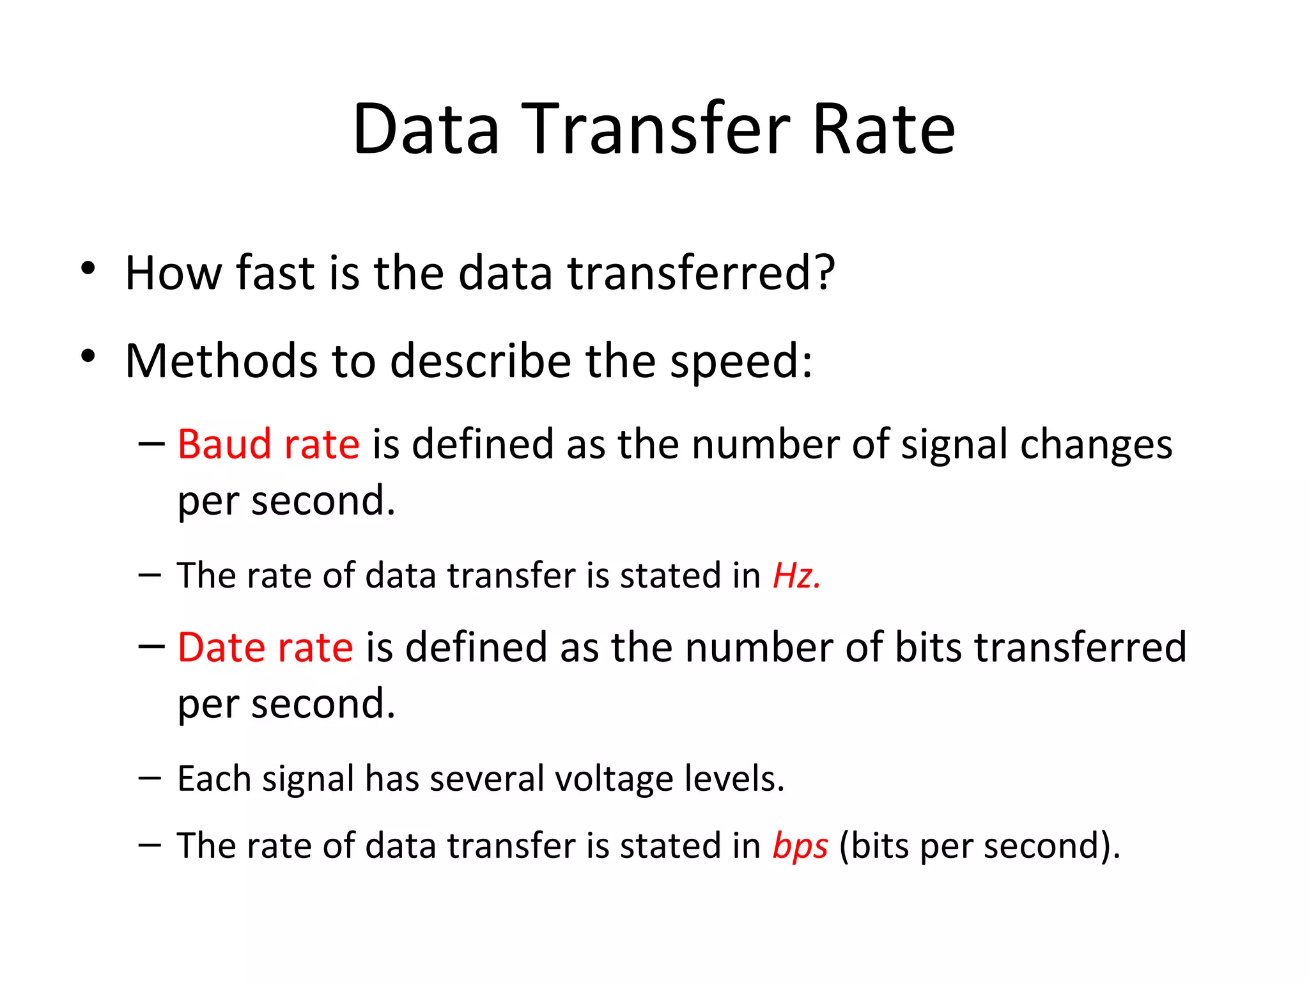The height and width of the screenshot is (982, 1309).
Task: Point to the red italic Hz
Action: (x=796, y=575)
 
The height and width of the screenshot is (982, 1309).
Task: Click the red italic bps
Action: (x=800, y=845)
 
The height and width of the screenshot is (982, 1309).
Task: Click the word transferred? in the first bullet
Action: (x=701, y=273)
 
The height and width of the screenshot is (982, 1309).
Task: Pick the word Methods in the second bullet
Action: (x=221, y=361)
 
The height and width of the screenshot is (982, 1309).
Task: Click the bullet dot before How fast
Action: (x=88, y=268)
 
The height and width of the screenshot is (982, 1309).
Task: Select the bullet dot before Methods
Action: (x=88, y=356)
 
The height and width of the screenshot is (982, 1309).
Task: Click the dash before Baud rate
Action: (x=151, y=443)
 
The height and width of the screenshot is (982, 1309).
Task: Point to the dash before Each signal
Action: (x=150, y=777)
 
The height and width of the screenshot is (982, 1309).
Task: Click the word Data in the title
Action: (x=426, y=129)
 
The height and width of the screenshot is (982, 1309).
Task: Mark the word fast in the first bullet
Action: (x=275, y=273)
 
